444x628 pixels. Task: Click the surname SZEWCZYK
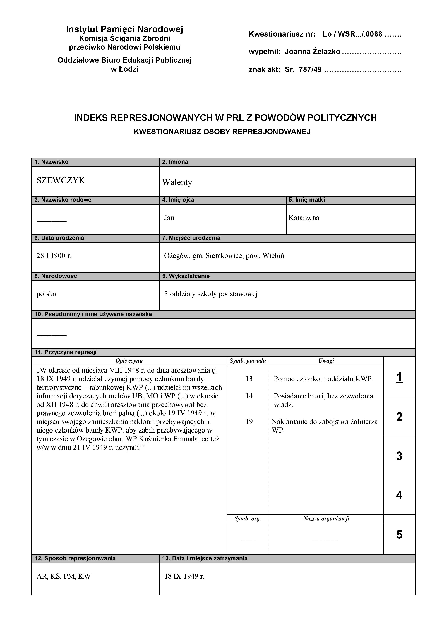61,180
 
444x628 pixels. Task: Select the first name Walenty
177,182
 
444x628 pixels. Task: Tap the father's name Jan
169,218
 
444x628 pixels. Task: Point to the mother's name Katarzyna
304,218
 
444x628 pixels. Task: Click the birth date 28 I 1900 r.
54,256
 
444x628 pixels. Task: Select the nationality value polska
46,294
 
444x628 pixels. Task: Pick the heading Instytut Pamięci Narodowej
124,29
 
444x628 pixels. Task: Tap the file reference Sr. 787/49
303,69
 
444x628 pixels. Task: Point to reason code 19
249,421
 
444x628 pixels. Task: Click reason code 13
249,379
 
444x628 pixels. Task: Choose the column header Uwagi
326,361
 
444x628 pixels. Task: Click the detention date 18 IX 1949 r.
184,576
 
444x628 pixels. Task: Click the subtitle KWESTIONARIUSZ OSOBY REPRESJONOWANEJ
222,132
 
